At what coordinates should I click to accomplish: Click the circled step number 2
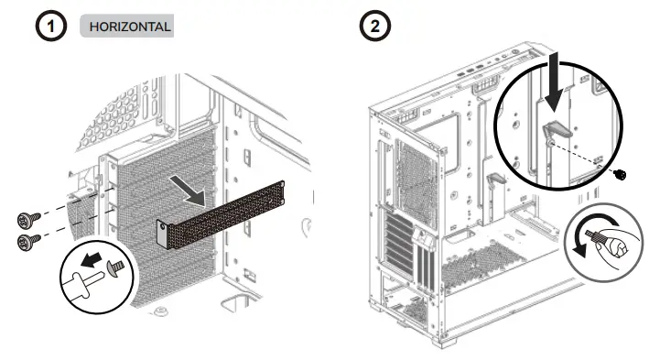click(373, 27)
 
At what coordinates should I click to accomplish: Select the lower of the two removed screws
click(27, 241)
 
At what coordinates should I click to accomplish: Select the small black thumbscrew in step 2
click(623, 174)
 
